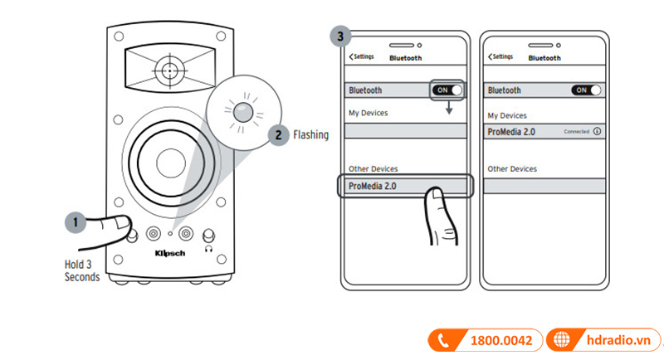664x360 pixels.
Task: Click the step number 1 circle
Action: [75, 222]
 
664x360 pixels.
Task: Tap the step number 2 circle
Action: [279, 134]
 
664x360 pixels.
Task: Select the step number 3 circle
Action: [338, 36]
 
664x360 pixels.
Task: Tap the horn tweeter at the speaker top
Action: [169, 71]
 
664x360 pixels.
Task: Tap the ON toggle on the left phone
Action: [447, 90]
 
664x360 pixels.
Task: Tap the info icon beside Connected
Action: [597, 132]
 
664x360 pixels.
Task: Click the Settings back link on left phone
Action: [362, 57]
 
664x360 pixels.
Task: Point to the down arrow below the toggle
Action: [449, 109]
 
